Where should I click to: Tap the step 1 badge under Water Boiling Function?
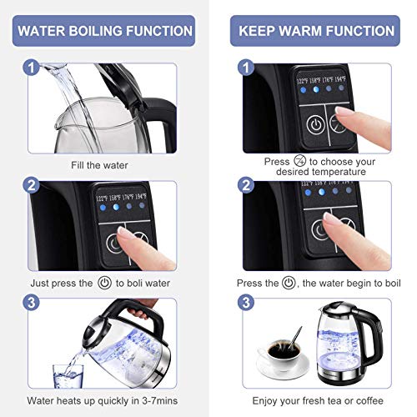point(31,67)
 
